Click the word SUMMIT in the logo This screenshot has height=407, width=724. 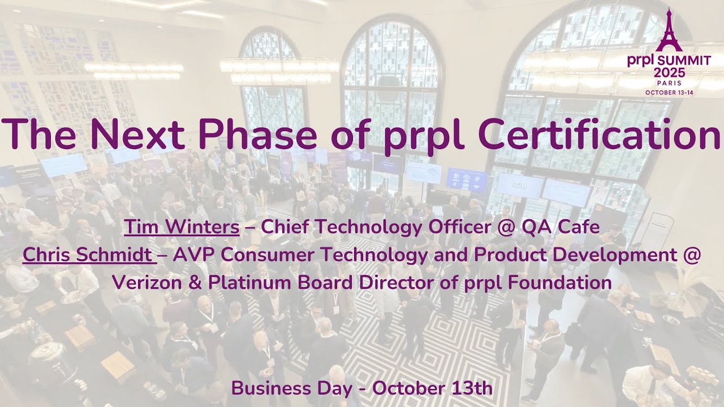click(685, 61)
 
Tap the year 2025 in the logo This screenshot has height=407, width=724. click(669, 72)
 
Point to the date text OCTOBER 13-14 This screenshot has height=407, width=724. click(669, 92)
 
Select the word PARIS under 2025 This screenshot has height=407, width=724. click(669, 83)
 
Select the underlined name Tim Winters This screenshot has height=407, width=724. click(182, 227)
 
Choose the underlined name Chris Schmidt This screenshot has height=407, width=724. click(89, 255)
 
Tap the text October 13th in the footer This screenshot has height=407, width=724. click(432, 389)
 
